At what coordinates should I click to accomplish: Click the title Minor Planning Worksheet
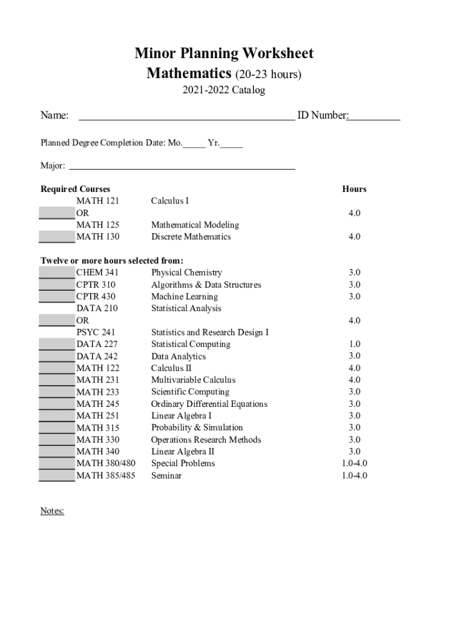pos(224,53)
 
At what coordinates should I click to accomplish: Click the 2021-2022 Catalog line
pos(224,91)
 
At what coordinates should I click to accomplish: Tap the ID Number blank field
pos(373,117)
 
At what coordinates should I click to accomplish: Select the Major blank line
pos(182,166)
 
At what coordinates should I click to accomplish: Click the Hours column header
pos(354,189)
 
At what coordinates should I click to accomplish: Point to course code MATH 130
pos(97,237)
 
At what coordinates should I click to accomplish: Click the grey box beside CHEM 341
pos(57,272)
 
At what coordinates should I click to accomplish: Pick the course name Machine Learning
pos(185,297)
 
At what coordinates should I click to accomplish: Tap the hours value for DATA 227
pos(354,344)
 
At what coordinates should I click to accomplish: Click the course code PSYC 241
pos(96,332)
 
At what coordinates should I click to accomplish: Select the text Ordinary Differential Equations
pos(209,404)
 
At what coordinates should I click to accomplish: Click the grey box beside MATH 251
pos(57,415)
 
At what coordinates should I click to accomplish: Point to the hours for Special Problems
pos(354,463)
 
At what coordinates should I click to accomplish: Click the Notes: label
pos(52,511)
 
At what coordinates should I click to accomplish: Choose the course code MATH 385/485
pos(106,475)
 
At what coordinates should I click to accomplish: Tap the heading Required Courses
pos(75,189)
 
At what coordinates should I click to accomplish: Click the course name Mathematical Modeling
pos(195,225)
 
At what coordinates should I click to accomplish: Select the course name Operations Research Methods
pos(206,440)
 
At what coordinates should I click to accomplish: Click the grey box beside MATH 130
pos(57,237)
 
